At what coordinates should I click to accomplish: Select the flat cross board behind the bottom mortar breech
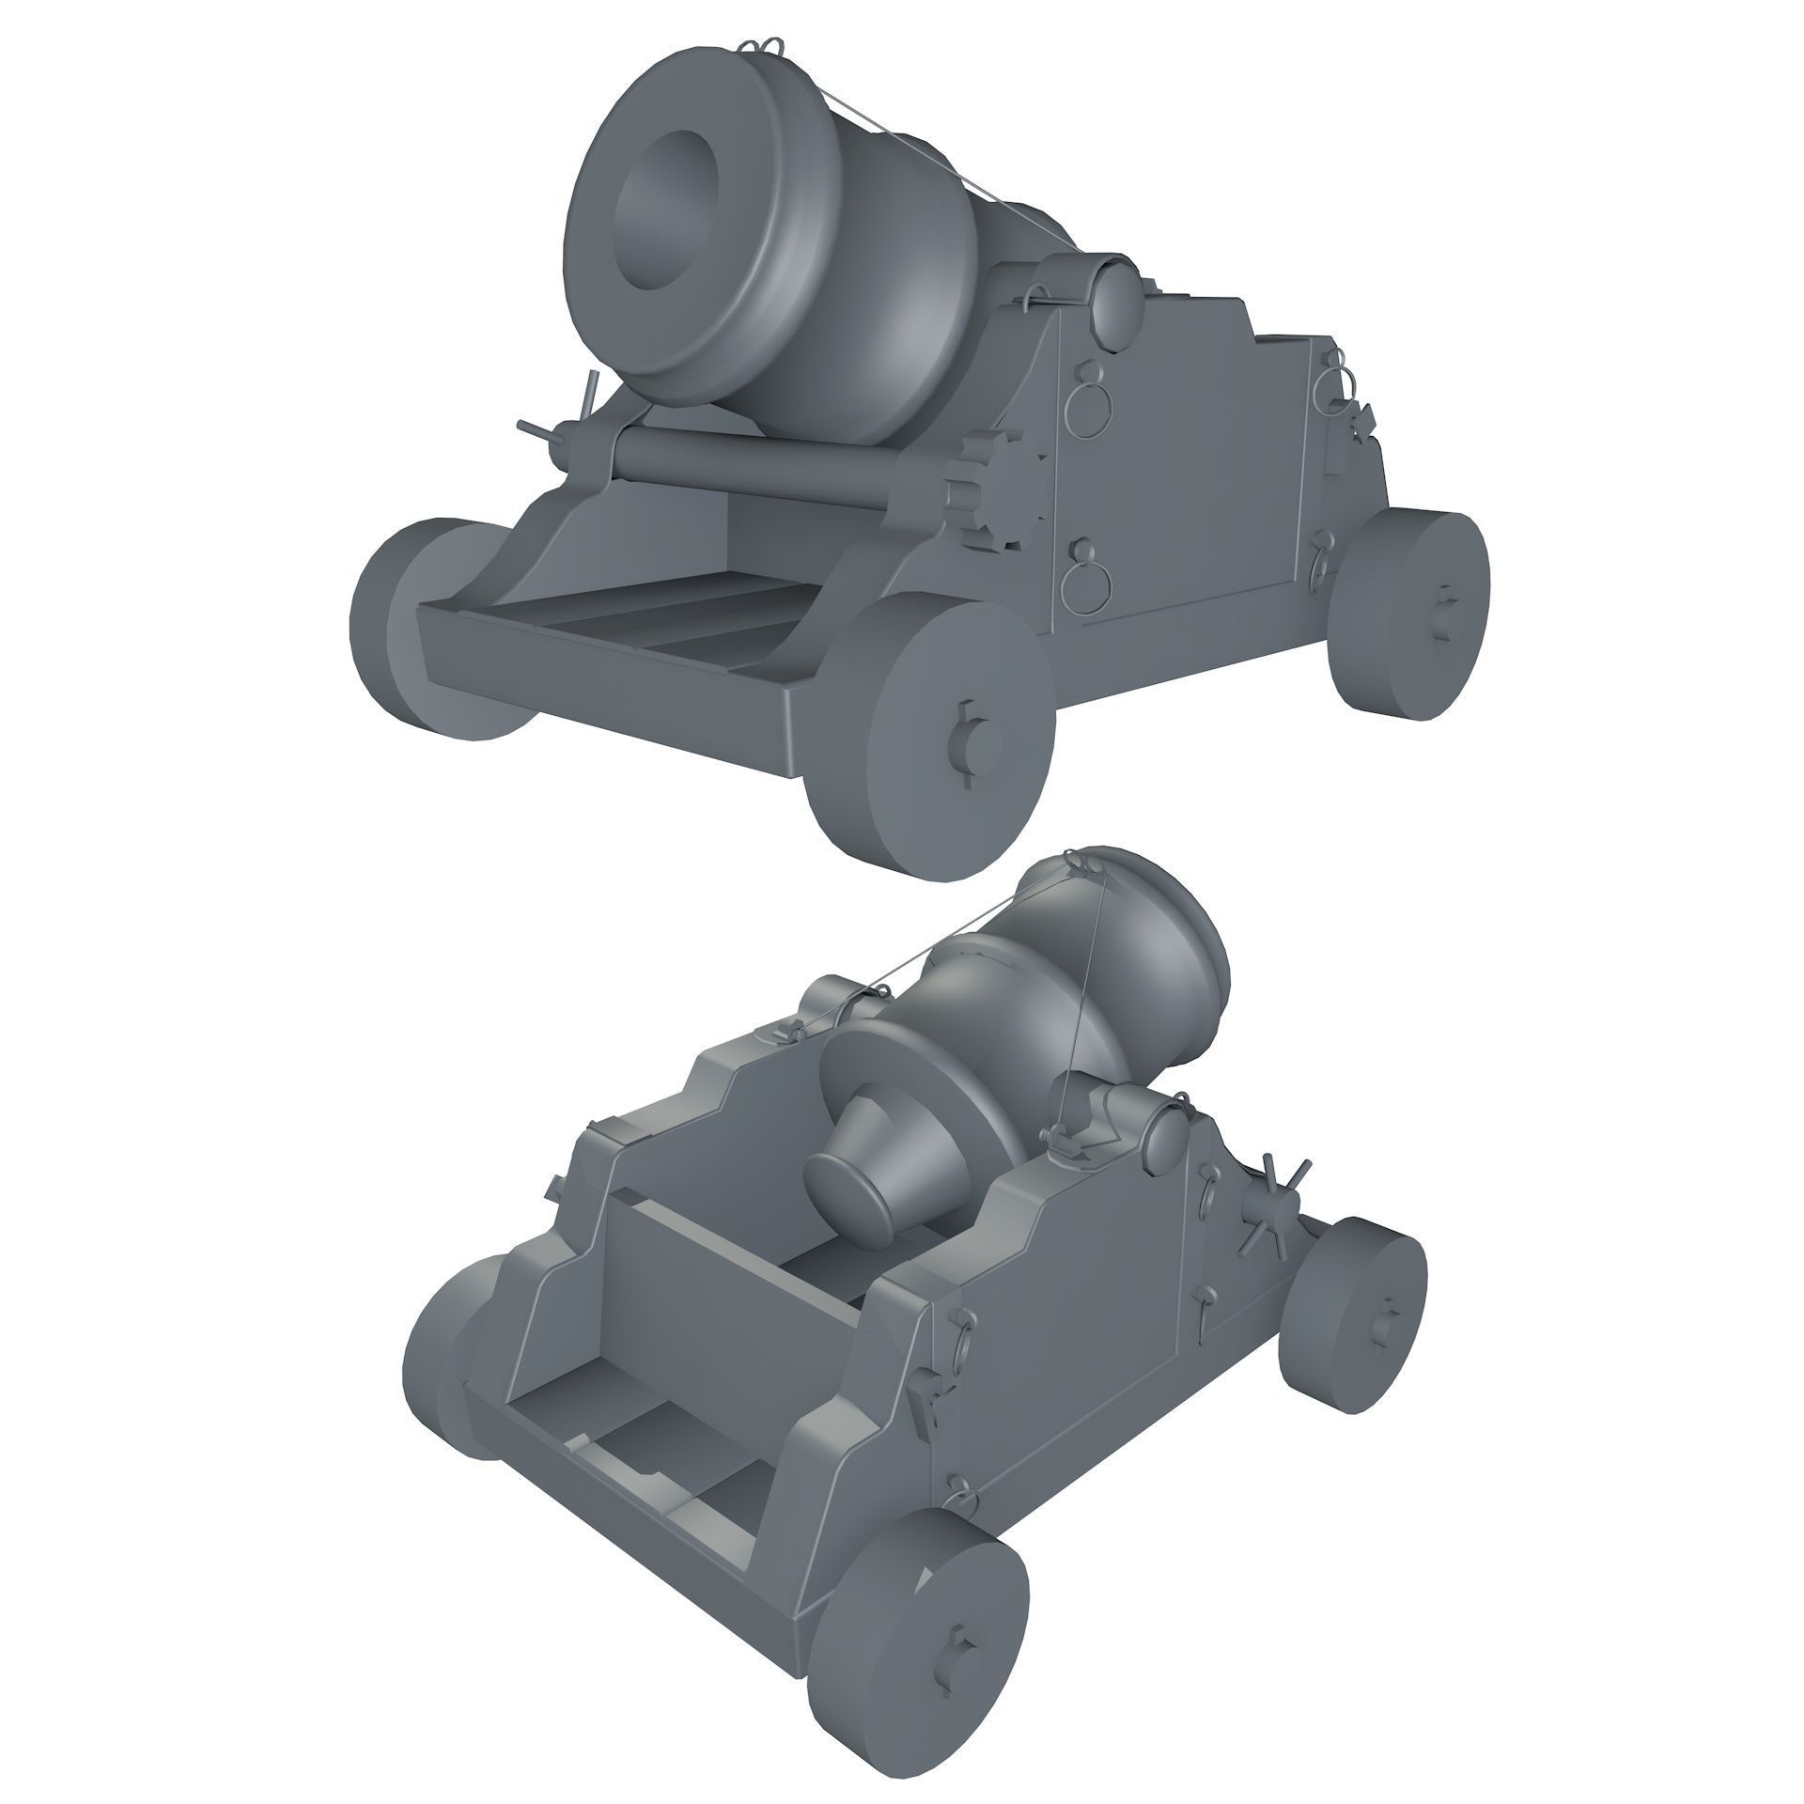(x=723, y=1287)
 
